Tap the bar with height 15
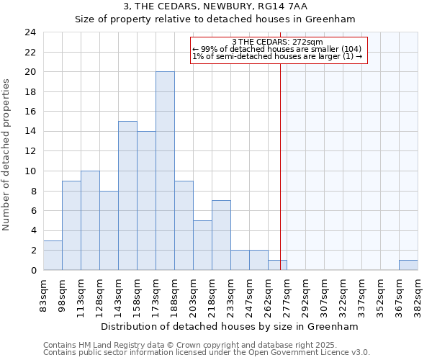pyautogui.click(x=127, y=196)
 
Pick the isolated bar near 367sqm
pyautogui.click(x=408, y=265)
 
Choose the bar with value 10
pyautogui.click(x=90, y=220)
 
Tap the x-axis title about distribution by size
pyautogui.click(x=229, y=326)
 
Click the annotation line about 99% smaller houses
pyautogui.click(x=278, y=50)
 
